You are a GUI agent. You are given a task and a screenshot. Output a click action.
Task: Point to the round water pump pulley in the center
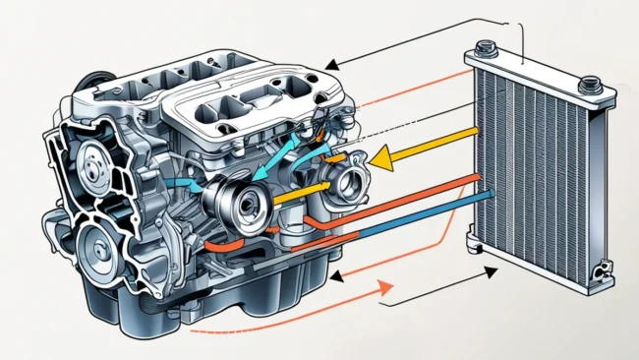coord(240,197)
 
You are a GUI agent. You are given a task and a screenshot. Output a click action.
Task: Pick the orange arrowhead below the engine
coord(385,287)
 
